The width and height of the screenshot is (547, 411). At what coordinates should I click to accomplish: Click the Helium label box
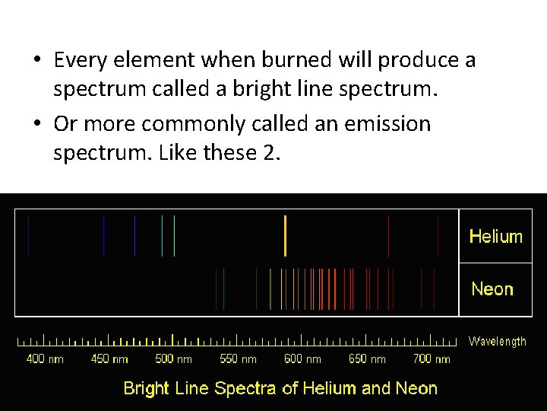(495, 237)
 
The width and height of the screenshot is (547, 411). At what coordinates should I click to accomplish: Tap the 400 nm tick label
(45, 358)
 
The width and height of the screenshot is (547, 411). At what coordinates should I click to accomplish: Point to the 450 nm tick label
(109, 358)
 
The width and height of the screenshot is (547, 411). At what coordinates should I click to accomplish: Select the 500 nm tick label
(173, 358)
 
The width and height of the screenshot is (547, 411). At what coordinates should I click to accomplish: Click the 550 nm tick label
(238, 358)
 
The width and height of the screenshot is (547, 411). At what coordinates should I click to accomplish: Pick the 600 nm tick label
(302, 358)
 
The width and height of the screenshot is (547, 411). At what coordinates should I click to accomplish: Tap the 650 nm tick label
(367, 358)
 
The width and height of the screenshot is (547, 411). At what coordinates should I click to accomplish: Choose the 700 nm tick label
(432, 358)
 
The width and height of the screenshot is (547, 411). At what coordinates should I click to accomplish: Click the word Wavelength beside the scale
(497, 342)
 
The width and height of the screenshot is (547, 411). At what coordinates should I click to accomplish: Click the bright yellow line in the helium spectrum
(285, 236)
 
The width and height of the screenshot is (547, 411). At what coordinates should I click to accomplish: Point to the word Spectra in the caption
(245, 388)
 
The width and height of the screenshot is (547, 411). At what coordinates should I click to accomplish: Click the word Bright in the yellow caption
(146, 388)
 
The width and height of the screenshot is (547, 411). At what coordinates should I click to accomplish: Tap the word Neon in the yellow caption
(416, 388)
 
